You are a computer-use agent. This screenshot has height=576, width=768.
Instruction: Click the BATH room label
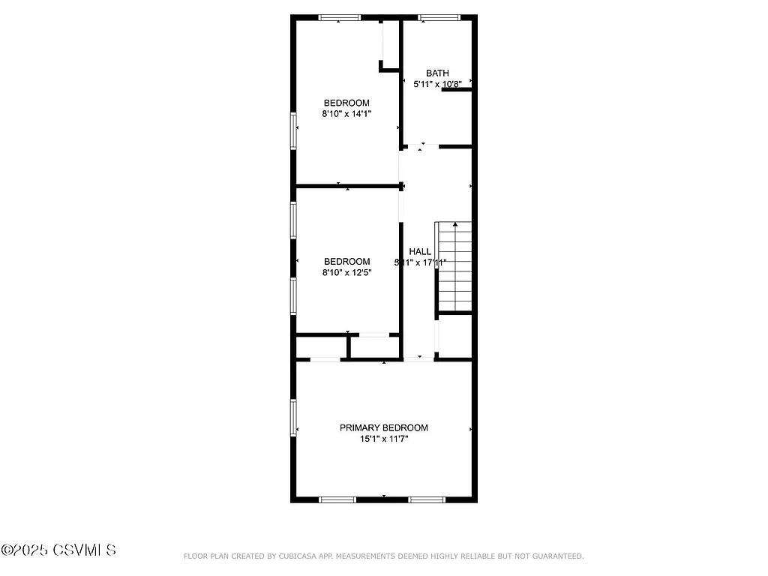[437, 73]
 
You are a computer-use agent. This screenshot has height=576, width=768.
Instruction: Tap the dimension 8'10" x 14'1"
[346, 114]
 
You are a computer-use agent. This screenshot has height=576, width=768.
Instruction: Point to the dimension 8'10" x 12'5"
[346, 273]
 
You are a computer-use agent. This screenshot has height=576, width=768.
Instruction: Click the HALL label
[420, 251]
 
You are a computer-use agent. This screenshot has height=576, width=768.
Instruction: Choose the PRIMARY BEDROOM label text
[384, 427]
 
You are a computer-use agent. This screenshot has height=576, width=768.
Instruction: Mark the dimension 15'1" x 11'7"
[384, 439]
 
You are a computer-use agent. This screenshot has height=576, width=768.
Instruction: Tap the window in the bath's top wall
[439, 17]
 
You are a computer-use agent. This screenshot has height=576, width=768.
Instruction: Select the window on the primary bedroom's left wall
[294, 417]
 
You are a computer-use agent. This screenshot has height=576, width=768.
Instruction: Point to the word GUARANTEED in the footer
[556, 556]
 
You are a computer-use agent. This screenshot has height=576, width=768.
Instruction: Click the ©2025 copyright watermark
[58, 550]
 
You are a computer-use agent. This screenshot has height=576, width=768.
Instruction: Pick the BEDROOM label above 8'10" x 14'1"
[346, 103]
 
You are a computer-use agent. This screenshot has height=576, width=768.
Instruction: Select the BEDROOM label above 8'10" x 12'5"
[346, 262]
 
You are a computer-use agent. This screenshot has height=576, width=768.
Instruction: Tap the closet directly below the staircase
[454, 336]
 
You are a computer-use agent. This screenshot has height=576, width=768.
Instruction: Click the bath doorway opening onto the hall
[423, 146]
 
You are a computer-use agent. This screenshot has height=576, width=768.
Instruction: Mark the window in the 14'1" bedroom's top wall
[340, 17]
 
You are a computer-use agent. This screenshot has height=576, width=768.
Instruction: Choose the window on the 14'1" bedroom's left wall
[294, 130]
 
